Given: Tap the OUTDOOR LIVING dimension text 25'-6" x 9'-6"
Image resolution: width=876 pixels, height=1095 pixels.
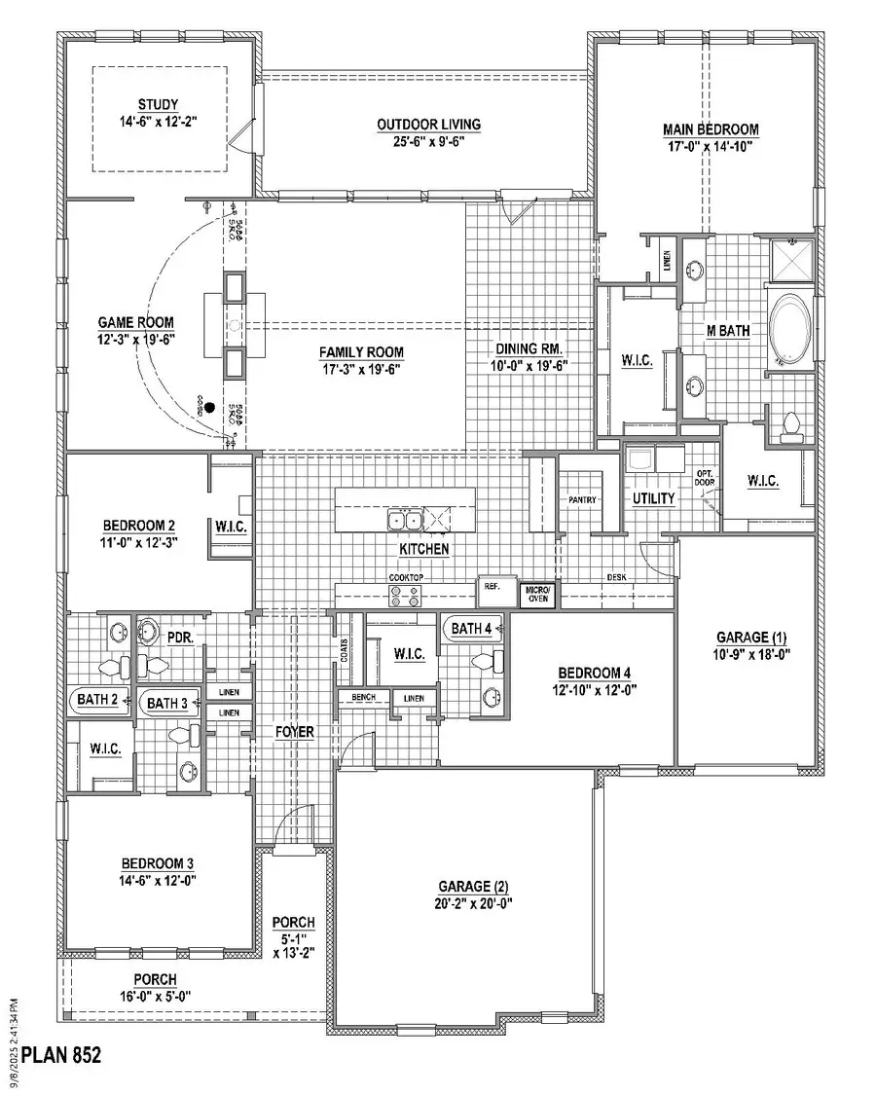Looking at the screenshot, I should (429, 140).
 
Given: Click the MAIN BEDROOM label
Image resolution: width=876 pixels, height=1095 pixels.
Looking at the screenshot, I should (711, 128).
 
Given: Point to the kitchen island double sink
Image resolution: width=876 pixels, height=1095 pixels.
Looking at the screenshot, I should (404, 521).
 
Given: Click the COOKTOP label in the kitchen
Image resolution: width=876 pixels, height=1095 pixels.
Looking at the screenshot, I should (406, 578).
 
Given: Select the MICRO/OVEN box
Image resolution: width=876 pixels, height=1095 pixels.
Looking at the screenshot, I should (537, 593).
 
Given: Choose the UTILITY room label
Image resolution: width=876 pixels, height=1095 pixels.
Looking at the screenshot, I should (654, 498).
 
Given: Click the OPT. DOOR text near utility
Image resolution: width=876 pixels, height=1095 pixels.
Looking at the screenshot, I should (706, 478).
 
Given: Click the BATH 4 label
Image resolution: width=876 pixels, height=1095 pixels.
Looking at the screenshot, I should (471, 629).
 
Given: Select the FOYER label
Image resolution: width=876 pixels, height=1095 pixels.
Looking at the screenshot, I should (294, 732).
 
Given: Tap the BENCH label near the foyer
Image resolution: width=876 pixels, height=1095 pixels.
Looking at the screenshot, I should (364, 698).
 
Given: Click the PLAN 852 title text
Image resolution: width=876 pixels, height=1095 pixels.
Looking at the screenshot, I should (60, 1054).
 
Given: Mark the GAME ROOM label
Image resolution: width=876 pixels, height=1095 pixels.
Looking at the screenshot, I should (135, 322).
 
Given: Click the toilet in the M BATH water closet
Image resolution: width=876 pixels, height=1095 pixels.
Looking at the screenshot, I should (790, 424).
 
